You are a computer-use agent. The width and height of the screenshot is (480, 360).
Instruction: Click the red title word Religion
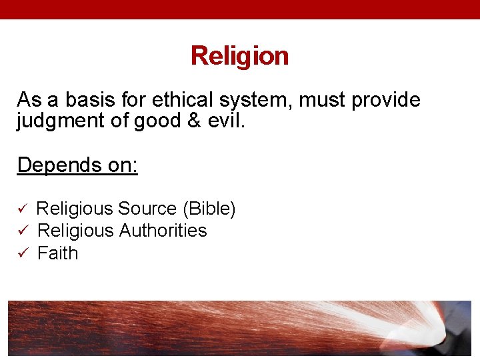239,55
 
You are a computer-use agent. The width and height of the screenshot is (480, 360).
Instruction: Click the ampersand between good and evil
194,121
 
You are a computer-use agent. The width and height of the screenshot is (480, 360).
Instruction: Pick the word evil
227,121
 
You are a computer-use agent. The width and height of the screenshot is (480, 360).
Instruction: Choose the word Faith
58,253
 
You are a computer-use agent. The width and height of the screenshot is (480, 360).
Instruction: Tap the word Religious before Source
75,209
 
